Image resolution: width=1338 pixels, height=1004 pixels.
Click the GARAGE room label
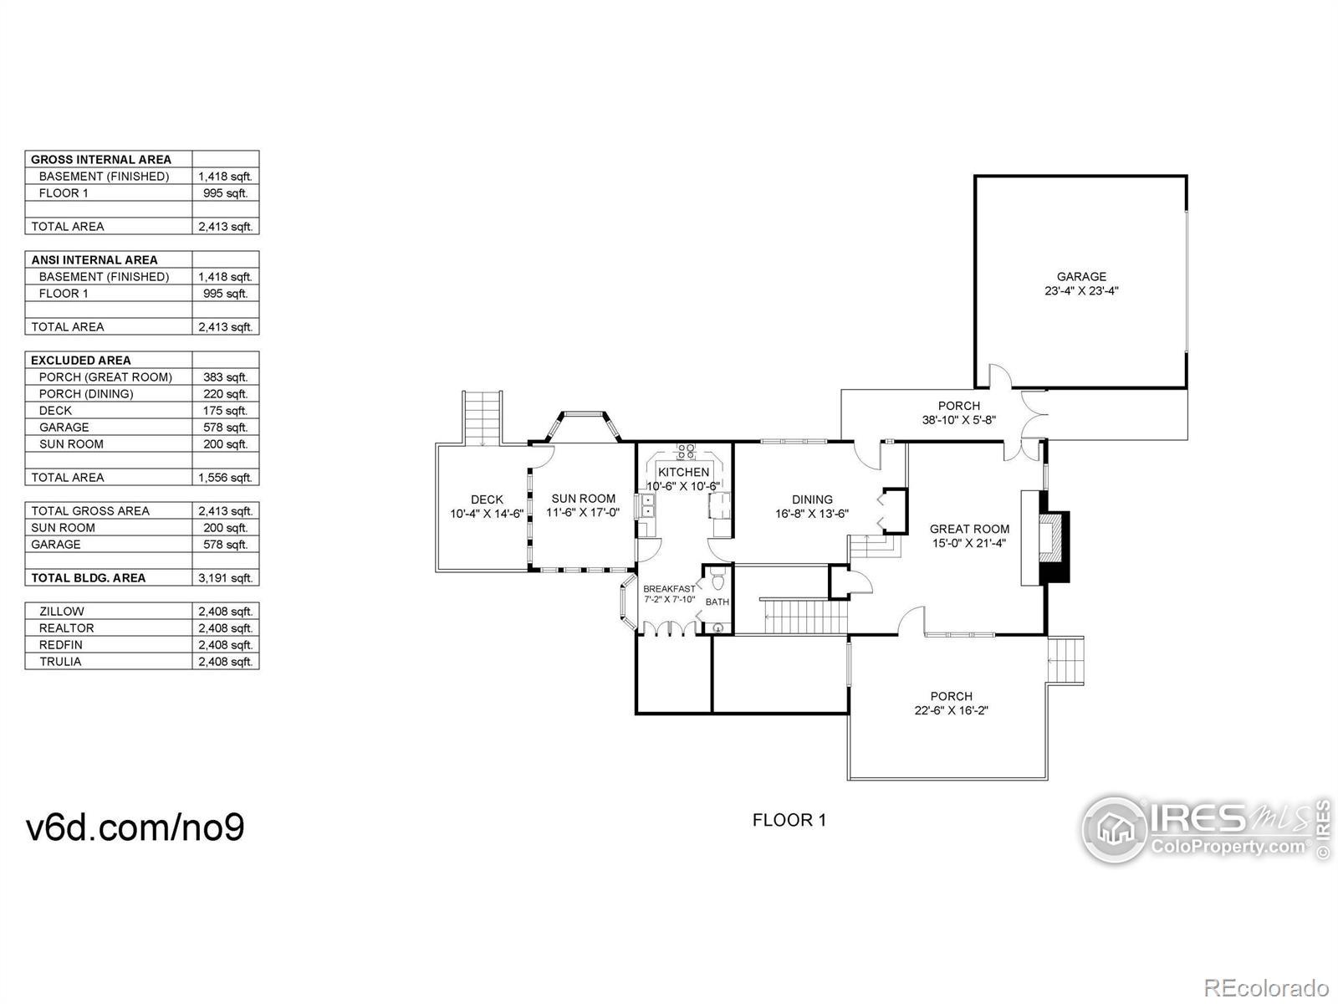(1080, 277)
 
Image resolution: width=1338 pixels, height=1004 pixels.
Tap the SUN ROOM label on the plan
(583, 499)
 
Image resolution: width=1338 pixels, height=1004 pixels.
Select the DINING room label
(812, 499)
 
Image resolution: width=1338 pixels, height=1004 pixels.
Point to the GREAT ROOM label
(969, 529)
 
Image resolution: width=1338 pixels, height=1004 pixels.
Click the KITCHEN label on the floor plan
(683, 472)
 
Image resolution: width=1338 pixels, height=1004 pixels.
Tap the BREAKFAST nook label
(668, 589)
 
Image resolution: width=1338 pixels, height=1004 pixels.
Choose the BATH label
(717, 602)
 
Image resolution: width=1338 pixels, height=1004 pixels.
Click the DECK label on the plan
(487, 499)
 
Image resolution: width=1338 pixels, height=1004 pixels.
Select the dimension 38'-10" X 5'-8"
(958, 421)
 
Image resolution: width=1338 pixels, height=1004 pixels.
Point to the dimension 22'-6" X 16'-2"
(951, 711)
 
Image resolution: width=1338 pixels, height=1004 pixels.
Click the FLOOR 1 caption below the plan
(789, 820)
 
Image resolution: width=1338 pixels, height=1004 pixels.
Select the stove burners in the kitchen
(686, 451)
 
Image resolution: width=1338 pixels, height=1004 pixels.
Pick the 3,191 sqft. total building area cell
(225, 578)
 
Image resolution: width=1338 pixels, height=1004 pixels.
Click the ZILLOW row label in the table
(61, 612)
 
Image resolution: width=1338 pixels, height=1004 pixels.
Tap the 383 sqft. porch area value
(225, 377)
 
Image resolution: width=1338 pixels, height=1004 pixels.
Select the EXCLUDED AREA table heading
(81, 361)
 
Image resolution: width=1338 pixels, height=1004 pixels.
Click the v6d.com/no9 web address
(135, 827)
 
